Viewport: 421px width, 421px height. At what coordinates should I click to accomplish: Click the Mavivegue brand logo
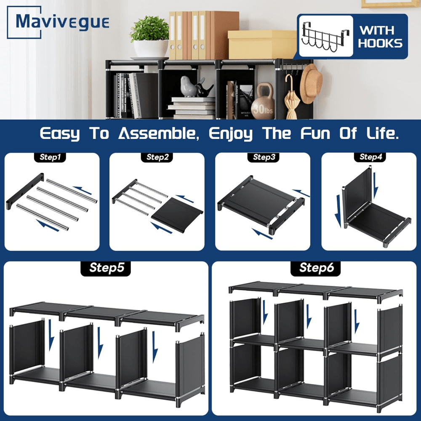tap(58, 22)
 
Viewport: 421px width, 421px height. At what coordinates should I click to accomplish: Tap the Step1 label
tap(50, 157)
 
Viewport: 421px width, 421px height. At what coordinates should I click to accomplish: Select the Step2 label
tap(157, 157)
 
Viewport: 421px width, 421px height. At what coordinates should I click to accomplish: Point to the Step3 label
tap(264, 157)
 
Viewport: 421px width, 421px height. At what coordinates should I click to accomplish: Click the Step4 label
tap(370, 157)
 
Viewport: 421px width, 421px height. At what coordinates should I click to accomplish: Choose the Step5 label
tap(106, 268)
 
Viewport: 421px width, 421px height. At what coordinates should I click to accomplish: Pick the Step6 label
tap(316, 268)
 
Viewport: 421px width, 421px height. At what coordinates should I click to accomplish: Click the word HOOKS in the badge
tap(380, 43)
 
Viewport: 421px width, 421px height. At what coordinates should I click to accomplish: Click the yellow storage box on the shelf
tap(262, 45)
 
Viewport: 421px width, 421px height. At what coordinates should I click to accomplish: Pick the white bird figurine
tap(189, 86)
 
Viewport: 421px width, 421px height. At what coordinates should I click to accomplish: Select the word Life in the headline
tap(382, 133)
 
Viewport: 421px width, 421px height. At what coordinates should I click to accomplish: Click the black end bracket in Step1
tap(25, 191)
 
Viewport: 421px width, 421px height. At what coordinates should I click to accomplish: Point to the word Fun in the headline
tap(315, 133)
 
